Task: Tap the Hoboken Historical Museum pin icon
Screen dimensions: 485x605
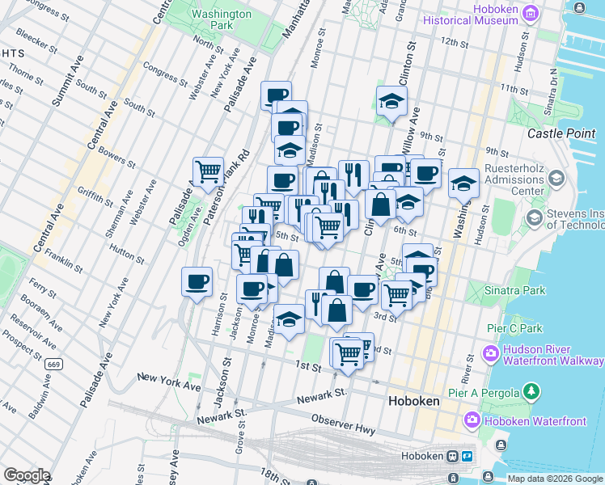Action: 531,13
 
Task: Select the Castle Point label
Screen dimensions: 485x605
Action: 561,133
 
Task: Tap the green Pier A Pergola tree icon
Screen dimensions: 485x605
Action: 531,392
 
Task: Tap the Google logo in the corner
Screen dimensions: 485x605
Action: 27,475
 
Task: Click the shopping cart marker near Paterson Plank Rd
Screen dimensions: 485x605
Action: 208,171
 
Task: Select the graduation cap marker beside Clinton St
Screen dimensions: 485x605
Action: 391,102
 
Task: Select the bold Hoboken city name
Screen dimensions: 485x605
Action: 413,401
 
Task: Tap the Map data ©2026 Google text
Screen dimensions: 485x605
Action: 555,479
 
